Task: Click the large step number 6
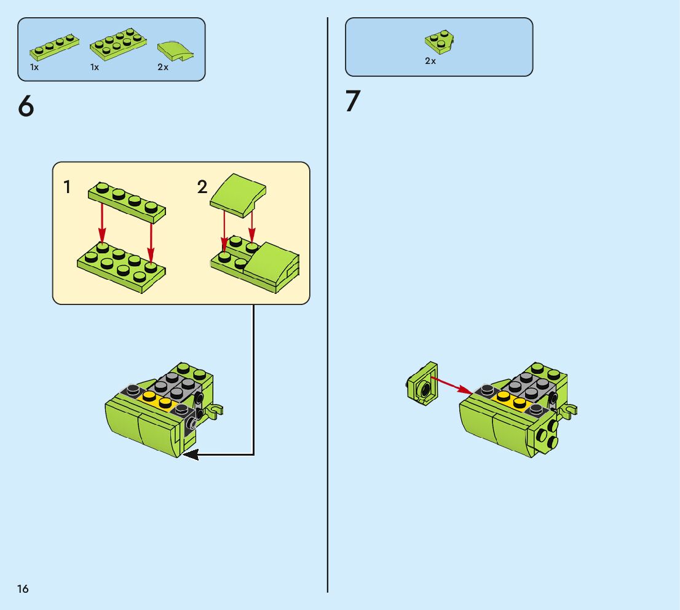[x=26, y=106]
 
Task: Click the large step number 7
[x=352, y=101]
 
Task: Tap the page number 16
[x=23, y=588]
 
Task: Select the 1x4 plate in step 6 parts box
[x=54, y=47]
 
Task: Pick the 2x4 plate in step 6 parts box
[x=118, y=44]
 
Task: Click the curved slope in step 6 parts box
[x=175, y=51]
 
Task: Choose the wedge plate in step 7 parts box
[x=440, y=42]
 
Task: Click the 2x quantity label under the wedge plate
[x=430, y=61]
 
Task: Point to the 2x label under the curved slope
[x=163, y=67]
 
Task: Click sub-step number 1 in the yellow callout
[x=67, y=187]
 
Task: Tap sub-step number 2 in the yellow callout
[x=202, y=187]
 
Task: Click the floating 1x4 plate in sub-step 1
[x=127, y=202]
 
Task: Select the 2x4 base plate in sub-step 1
[x=122, y=266]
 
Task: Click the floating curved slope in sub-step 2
[x=238, y=195]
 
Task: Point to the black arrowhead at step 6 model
[x=191, y=454]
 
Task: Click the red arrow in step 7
[x=451, y=386]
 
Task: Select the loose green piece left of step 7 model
[x=422, y=384]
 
